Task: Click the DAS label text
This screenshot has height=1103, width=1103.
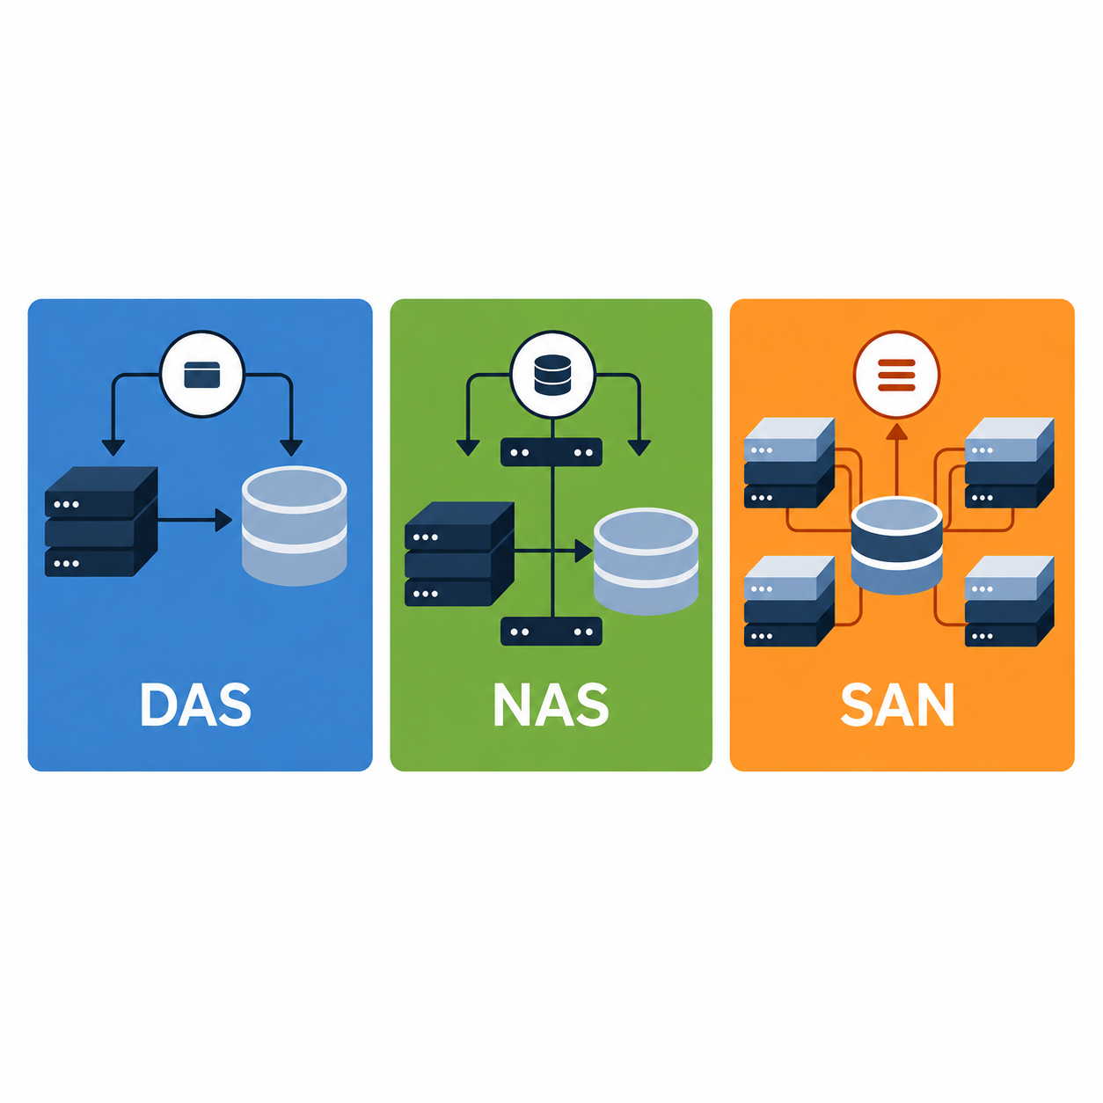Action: [196, 704]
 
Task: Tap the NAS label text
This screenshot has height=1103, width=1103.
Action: [551, 704]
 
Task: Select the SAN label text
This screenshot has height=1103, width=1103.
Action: [897, 704]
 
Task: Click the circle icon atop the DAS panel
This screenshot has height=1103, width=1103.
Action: [202, 375]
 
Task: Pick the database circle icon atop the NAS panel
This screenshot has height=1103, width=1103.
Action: [552, 375]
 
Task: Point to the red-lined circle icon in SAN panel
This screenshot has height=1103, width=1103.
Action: [896, 375]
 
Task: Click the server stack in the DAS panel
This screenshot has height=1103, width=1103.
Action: [101, 522]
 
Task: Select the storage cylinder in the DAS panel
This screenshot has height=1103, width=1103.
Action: [294, 525]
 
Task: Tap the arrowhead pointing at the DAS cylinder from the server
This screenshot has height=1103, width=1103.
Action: [223, 520]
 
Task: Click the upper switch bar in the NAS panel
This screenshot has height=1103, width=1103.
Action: [551, 452]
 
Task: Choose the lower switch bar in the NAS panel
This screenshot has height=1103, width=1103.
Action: [551, 632]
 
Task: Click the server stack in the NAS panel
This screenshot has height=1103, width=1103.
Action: [459, 554]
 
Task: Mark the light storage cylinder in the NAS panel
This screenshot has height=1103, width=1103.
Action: [646, 561]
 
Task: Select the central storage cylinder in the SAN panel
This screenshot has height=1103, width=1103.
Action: [896, 545]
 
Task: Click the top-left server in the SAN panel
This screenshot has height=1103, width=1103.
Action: [789, 463]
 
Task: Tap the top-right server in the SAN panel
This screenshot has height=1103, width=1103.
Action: [1010, 463]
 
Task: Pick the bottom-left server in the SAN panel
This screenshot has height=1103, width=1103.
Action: [789, 601]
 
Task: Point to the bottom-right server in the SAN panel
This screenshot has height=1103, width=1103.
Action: [1010, 601]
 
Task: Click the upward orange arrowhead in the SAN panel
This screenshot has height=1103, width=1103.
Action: [897, 432]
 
